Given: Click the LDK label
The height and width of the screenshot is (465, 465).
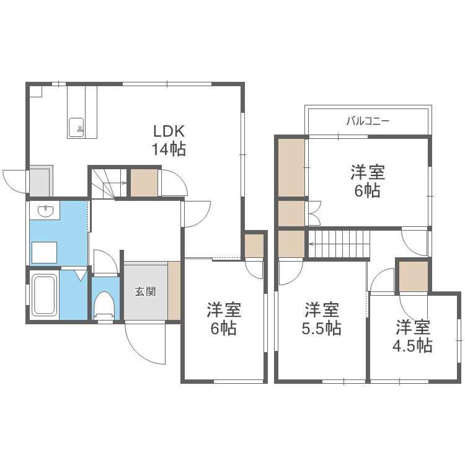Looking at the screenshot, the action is pyautogui.click(x=169, y=131).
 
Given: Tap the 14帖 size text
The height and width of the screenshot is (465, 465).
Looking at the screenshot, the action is pyautogui.click(x=169, y=149).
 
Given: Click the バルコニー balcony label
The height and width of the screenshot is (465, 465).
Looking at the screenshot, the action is pyautogui.click(x=368, y=121).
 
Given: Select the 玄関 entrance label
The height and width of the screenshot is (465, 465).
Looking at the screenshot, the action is pyautogui.click(x=145, y=291).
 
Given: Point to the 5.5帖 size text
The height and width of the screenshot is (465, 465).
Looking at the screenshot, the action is pyautogui.click(x=321, y=328).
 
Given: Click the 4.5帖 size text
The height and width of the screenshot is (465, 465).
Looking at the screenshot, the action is pyautogui.click(x=412, y=345).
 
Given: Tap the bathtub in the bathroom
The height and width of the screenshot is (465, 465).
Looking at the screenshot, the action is pyautogui.click(x=44, y=294).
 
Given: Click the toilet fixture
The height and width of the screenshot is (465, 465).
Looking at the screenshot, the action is pyautogui.click(x=104, y=306).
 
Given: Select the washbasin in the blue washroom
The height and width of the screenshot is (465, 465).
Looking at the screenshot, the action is pyautogui.click(x=45, y=211).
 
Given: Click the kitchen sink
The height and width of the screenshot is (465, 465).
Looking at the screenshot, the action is pyautogui.click(x=76, y=128).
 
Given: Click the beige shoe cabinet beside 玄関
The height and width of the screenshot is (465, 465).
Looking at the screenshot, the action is pyautogui.click(x=174, y=290).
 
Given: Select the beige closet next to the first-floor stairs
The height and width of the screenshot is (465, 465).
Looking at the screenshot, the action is pyautogui.click(x=144, y=182).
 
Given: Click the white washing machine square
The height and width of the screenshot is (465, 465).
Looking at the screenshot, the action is pyautogui.click(x=44, y=252).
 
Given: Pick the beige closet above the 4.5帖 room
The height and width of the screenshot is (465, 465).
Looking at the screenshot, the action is pyautogui.click(x=413, y=276).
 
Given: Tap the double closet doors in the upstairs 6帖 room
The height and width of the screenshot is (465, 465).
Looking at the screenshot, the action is pyautogui.click(x=314, y=213).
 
